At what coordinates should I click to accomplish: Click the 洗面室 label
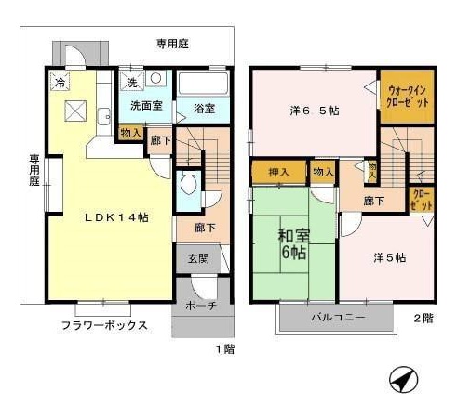click(146, 106)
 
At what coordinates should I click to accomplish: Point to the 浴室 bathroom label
click(204, 109)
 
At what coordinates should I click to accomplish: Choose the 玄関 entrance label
click(198, 258)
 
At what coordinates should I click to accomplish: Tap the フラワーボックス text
click(104, 326)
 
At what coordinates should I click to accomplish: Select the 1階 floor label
click(224, 348)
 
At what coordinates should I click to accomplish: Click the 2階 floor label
click(423, 318)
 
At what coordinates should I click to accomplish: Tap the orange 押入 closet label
click(278, 173)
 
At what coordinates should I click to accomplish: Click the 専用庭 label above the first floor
click(173, 43)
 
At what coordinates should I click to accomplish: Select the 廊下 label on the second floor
click(375, 201)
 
